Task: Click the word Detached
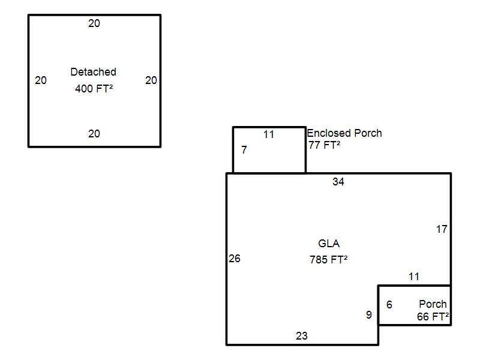[94, 72]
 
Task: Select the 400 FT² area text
[94, 88]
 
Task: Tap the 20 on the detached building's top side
[94, 23]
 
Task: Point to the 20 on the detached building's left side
[41, 80]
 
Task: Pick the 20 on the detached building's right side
[151, 80]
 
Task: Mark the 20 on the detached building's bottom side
[94, 133]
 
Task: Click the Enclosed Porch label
[344, 133]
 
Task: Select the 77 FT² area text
[324, 145]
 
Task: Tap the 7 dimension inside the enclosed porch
[244, 149]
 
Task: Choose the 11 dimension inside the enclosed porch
[268, 134]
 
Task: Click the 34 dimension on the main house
[338, 182]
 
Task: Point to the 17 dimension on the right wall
[442, 229]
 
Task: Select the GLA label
[329, 244]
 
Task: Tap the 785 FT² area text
[328, 260]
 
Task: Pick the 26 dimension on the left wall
[235, 259]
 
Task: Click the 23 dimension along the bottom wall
[302, 336]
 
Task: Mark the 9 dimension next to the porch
[369, 314]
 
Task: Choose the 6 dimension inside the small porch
[389, 305]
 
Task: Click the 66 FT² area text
[433, 317]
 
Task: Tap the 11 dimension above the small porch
[414, 277]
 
